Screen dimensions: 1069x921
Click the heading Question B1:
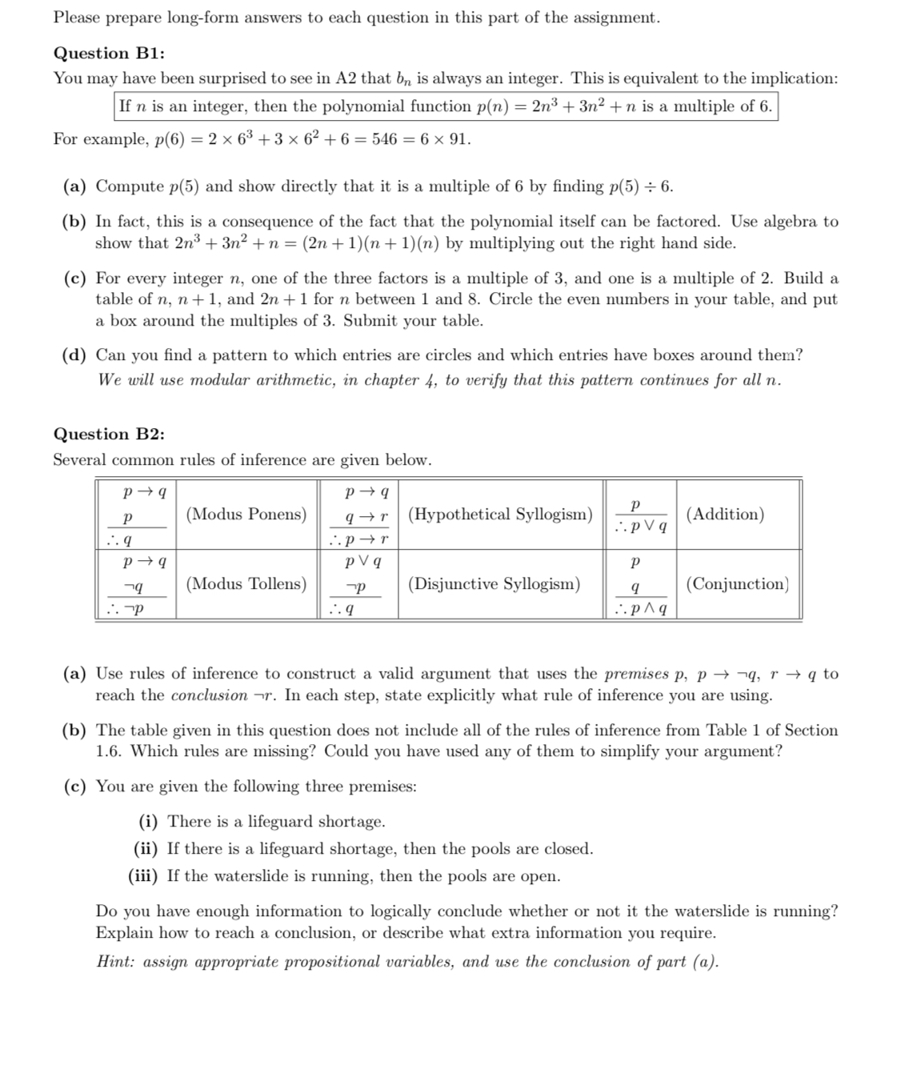coord(109,54)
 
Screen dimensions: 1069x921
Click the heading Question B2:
coord(109,434)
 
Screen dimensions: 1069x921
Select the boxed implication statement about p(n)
coord(445,106)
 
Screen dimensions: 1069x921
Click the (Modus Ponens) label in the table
coord(246,514)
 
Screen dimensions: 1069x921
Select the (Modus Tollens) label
coord(246,584)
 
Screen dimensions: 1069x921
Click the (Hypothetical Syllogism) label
coord(501,514)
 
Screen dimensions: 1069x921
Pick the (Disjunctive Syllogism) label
coord(495,584)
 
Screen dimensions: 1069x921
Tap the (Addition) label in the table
coord(726,514)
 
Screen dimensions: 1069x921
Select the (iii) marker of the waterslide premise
coord(144,876)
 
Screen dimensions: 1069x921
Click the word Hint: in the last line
coord(116,962)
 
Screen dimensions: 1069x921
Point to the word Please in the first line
coord(77,18)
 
